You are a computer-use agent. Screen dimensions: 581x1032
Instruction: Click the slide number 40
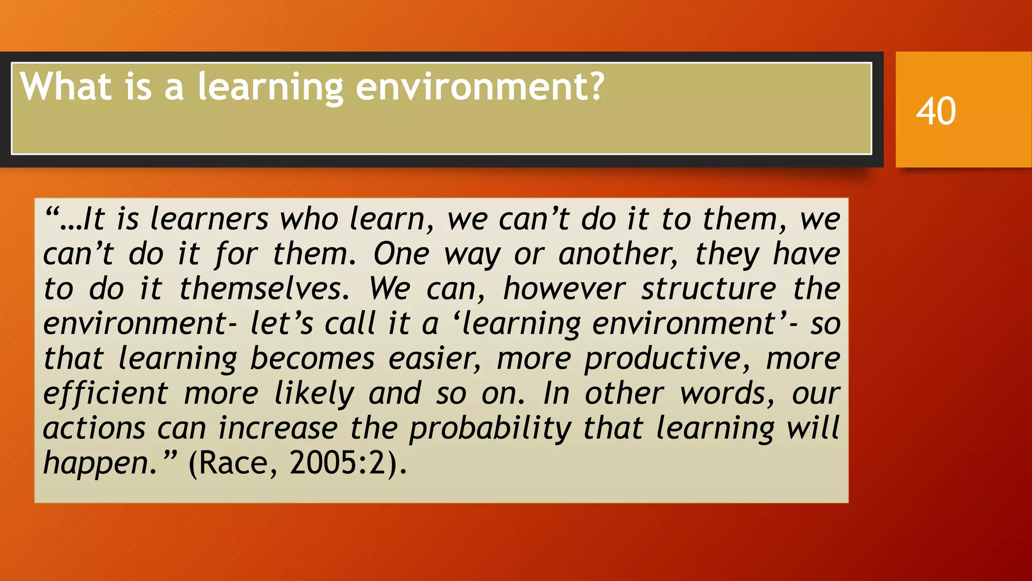tap(936, 111)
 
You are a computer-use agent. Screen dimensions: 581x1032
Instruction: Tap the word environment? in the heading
tap(480, 87)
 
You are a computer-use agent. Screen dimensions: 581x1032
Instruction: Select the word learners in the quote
tap(210, 220)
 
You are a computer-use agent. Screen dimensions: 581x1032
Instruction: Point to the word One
tap(401, 254)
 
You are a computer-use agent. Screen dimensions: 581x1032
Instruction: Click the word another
tap(618, 254)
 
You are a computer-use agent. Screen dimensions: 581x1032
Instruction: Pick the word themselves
tap(264, 289)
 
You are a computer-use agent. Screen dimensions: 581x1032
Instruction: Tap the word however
tap(564, 289)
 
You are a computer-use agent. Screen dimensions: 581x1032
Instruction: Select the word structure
tap(708, 289)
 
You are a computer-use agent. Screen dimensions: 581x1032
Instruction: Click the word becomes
tap(312, 359)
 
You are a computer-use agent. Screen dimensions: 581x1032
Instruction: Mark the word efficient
tap(105, 393)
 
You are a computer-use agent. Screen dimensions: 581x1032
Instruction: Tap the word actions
tap(94, 429)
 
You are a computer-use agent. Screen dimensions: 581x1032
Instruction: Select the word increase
tap(278, 429)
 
